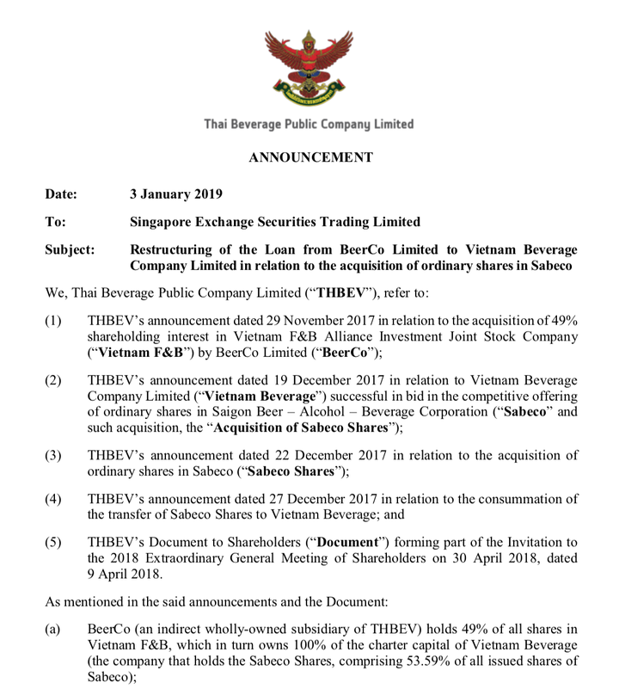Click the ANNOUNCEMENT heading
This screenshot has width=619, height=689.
[x=310, y=157]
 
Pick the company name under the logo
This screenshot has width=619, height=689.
[x=309, y=125]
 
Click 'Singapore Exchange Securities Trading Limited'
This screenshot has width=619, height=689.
[x=274, y=221]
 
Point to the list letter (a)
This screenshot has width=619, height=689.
[x=53, y=631]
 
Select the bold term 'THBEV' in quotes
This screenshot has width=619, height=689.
[x=341, y=291]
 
